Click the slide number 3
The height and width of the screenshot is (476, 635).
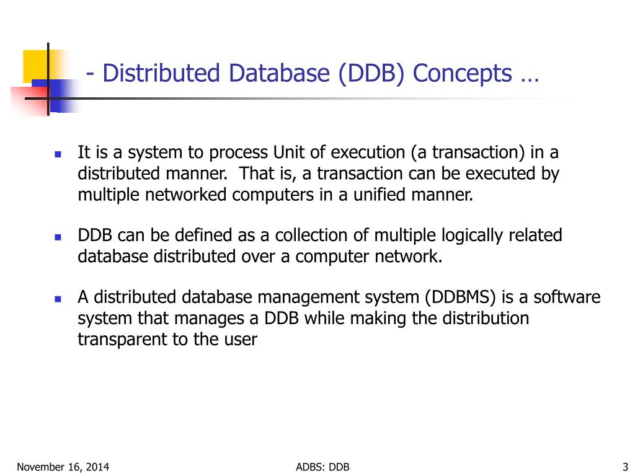tap(625, 467)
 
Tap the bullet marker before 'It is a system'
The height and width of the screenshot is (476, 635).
tap(58, 154)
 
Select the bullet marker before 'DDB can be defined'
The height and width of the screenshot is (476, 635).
tap(58, 237)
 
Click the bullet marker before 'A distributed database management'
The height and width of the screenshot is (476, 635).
tap(58, 298)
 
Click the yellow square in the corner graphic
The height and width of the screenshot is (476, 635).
tap(35, 64)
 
